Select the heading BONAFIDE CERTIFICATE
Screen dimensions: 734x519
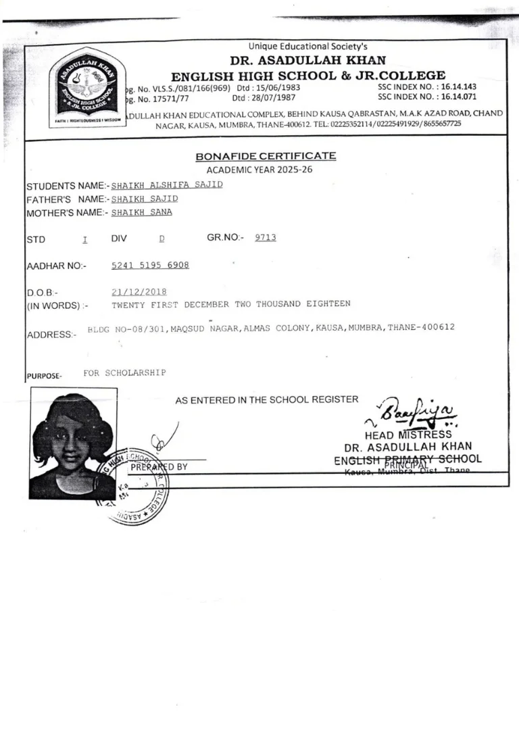[265, 156]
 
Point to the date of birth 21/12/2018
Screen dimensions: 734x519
[139, 291]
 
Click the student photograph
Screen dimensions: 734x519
[72, 443]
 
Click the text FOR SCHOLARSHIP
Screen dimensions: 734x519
[124, 372]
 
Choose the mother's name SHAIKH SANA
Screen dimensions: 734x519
[141, 212]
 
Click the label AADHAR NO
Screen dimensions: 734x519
[56, 266]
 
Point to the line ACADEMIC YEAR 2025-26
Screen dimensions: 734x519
[259, 170]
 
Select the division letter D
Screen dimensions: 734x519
[162, 239]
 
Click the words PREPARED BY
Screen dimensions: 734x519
[159, 466]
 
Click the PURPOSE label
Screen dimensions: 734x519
[44, 376]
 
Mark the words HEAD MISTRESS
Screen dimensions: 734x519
[407, 435]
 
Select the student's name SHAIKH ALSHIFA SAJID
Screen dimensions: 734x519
[166, 185]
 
